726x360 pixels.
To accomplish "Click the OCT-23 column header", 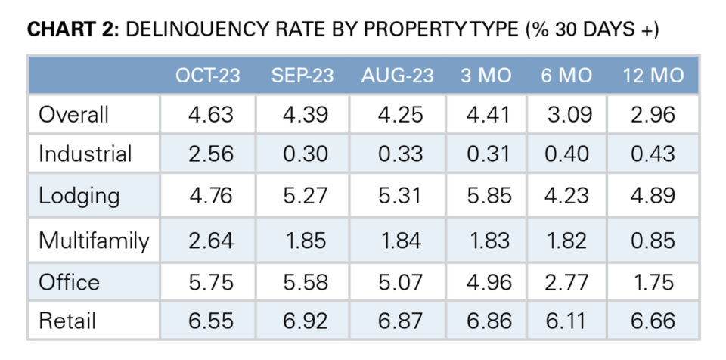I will click(208, 76).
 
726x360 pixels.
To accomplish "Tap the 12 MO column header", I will click(653, 76).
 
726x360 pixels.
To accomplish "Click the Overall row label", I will click(74, 115).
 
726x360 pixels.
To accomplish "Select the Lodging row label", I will click(79, 197).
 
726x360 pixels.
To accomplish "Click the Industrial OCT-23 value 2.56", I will click(209, 154).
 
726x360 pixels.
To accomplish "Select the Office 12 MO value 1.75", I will click(653, 281).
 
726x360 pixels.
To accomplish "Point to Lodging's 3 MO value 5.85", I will click(489, 197).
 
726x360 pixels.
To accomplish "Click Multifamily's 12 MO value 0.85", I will click(653, 241).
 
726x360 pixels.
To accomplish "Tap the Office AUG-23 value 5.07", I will click(398, 281).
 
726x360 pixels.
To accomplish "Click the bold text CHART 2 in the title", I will click(72, 31).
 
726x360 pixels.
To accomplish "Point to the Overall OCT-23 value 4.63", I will click(209, 115).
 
